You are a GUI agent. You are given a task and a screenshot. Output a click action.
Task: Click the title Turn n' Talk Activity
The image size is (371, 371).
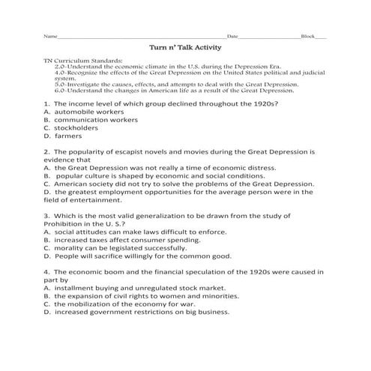click(x=185, y=46)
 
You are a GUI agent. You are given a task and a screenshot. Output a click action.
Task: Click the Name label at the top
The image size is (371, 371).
click(x=50, y=36)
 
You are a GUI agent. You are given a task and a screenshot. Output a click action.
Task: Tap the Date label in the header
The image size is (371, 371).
click(x=232, y=36)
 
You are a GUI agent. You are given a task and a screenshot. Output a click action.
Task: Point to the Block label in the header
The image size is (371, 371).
click(x=307, y=36)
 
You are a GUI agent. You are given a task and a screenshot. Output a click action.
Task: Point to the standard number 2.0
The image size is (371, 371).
click(x=60, y=66)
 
